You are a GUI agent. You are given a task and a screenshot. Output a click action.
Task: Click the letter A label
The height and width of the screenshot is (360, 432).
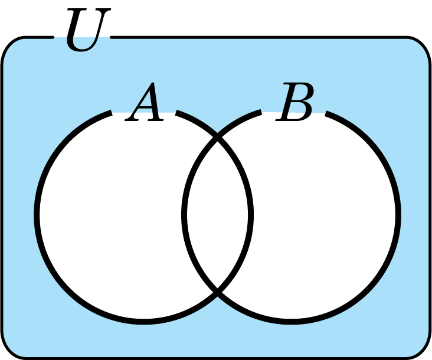click(x=146, y=104)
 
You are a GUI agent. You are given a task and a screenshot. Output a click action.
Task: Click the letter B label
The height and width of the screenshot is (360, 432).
click(x=296, y=104)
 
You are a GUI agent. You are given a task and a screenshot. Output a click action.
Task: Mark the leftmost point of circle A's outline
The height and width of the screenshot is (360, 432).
click(x=37, y=214)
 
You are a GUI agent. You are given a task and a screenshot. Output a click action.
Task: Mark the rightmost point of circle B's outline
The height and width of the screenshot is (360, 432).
click(x=398, y=214)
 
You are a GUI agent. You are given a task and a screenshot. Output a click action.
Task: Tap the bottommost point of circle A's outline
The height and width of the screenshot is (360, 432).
click(x=145, y=321)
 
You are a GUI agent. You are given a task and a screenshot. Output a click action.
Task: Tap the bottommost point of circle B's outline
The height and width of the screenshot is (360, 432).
click(x=292, y=321)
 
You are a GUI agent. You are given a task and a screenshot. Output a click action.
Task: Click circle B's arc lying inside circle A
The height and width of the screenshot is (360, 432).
click(x=185, y=214)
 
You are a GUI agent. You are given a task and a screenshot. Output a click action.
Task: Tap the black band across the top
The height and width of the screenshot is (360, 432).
click(x=236, y=18)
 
